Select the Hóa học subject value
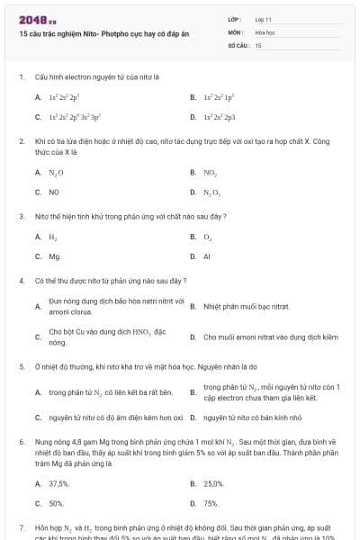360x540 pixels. coord(265,31)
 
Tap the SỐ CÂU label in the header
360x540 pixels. coord(237,44)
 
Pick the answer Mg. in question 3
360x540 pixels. coord(55,256)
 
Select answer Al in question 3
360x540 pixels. coord(206,256)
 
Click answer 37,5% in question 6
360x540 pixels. coord(59,483)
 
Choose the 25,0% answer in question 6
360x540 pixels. coord(213,483)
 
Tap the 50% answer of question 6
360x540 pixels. coord(56,503)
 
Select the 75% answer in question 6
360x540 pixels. coord(211,503)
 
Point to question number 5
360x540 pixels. coord(21,366)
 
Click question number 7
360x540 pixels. coord(21,526)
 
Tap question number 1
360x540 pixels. coord(21,77)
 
